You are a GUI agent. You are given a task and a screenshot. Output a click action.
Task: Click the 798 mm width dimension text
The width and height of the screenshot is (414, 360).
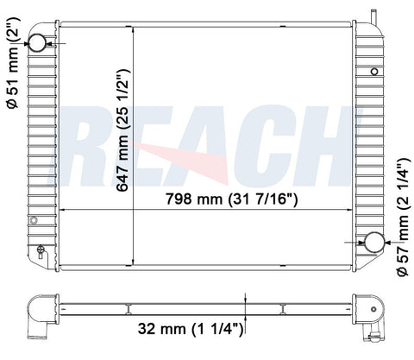coord(232,199)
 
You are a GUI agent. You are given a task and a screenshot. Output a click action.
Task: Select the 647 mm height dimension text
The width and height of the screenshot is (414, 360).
coord(122,130)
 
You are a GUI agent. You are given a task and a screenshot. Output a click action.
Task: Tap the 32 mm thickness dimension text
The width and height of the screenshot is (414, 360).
coord(191,329)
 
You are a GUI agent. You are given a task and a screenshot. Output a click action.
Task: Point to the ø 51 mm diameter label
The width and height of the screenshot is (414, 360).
coord(13,63)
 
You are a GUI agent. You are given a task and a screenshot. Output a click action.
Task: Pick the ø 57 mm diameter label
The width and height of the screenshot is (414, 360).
coord(403,218)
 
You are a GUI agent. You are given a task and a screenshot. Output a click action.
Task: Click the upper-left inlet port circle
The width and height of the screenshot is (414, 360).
coord(37,42)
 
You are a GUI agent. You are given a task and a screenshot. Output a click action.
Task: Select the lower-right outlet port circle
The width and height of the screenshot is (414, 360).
coord(374,243)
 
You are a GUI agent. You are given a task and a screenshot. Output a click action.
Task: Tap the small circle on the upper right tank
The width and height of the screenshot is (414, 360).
coord(374,71)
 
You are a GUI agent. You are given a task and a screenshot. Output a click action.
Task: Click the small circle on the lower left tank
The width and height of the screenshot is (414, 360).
coord(34,220)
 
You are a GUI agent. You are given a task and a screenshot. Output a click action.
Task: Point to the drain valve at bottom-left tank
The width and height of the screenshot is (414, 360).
coord(41,251)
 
